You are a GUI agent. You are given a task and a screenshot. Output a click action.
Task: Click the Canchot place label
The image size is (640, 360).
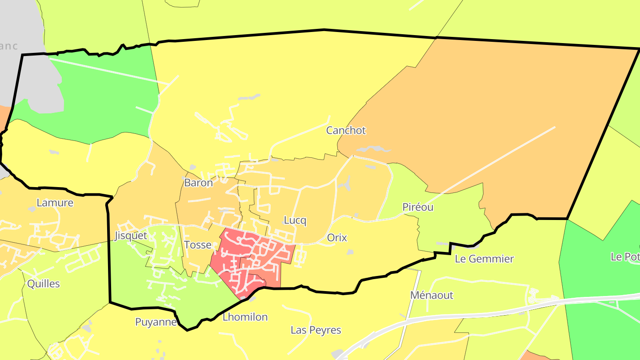346,131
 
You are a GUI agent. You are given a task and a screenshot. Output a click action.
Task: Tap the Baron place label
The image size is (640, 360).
198,183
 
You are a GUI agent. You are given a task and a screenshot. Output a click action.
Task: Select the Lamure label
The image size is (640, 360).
55,203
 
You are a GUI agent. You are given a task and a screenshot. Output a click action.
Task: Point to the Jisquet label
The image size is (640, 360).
131,236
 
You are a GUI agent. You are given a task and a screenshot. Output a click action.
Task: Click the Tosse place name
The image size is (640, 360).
197,245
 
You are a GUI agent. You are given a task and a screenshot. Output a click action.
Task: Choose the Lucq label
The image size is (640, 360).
295,220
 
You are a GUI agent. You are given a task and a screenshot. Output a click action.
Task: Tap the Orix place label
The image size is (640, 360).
336,237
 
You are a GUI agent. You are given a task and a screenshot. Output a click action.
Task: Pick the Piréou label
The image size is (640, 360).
417,207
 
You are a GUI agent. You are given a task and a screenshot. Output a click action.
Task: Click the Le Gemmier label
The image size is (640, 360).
484,259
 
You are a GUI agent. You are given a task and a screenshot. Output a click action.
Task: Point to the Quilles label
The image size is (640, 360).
44,284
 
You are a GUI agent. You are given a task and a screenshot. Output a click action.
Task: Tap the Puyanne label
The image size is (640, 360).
156,322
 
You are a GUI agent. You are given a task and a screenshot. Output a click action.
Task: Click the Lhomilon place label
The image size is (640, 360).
245,317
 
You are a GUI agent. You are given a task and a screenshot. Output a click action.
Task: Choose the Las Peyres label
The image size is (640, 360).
316,330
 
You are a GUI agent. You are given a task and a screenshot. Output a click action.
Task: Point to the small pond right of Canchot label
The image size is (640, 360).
372,149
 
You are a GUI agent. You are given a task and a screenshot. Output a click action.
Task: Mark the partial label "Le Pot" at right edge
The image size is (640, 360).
625,257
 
